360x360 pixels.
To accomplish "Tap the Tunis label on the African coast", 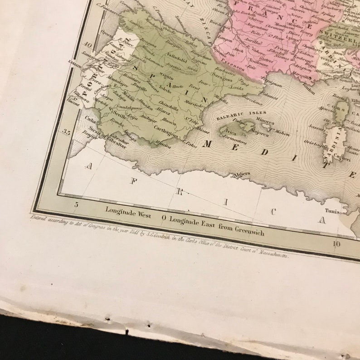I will point(332,211).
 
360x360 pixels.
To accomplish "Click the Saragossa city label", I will point(217,79).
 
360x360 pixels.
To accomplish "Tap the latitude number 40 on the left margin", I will point(88,45).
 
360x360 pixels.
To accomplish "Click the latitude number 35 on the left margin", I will point(67,132).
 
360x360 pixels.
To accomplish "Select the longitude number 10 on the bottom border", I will point(336,243).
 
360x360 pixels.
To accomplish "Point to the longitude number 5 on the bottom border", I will point(76,204).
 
